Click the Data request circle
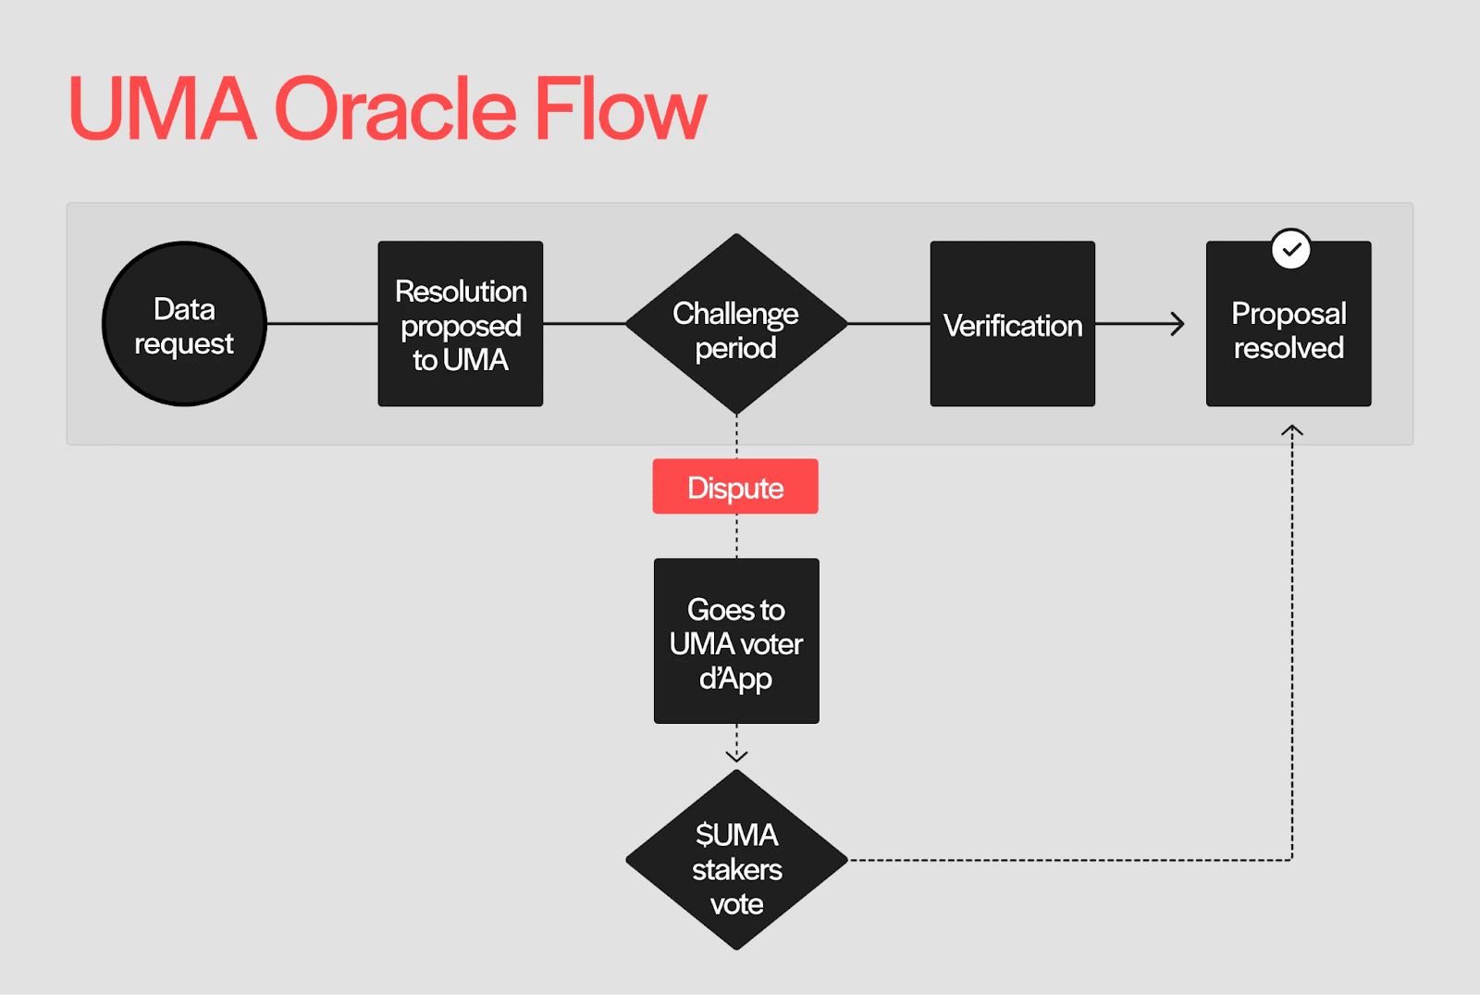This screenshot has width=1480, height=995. [x=184, y=324]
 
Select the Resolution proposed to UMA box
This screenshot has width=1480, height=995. [x=460, y=324]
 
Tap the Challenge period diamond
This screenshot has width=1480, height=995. [x=736, y=324]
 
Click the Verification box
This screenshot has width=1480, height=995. [x=1012, y=324]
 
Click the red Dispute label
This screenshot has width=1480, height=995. [x=735, y=487]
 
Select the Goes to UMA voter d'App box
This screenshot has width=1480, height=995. [x=736, y=641]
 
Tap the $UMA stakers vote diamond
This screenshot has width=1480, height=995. [x=736, y=861]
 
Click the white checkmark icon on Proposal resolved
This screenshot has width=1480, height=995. [x=1291, y=249]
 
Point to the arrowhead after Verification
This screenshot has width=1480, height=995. [x=1178, y=324]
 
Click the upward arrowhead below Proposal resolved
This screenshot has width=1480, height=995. [x=1292, y=430]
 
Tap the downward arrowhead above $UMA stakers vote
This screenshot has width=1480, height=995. [x=736, y=755]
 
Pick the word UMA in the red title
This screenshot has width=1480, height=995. [x=163, y=110]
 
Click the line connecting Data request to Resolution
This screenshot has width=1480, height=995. [x=322, y=324]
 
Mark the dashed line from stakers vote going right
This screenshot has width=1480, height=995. [x=1064, y=860]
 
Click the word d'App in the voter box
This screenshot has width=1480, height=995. [x=735, y=678]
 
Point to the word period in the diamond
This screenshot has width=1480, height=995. [x=735, y=349]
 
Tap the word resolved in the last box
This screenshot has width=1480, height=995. [x=1289, y=349]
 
